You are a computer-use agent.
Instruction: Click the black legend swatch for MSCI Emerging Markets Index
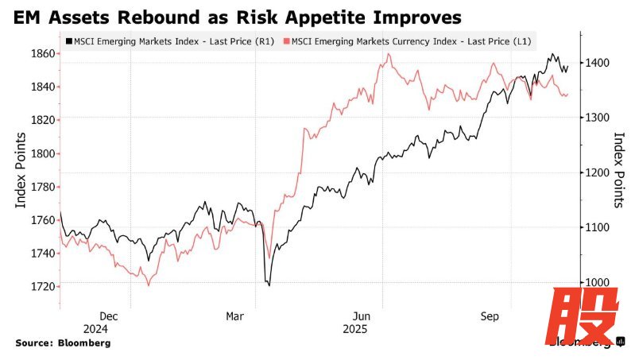click(70, 41)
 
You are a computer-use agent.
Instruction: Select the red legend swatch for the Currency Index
click(286, 41)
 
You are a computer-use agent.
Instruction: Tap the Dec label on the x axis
click(109, 315)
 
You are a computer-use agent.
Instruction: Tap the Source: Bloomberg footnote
click(63, 343)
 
